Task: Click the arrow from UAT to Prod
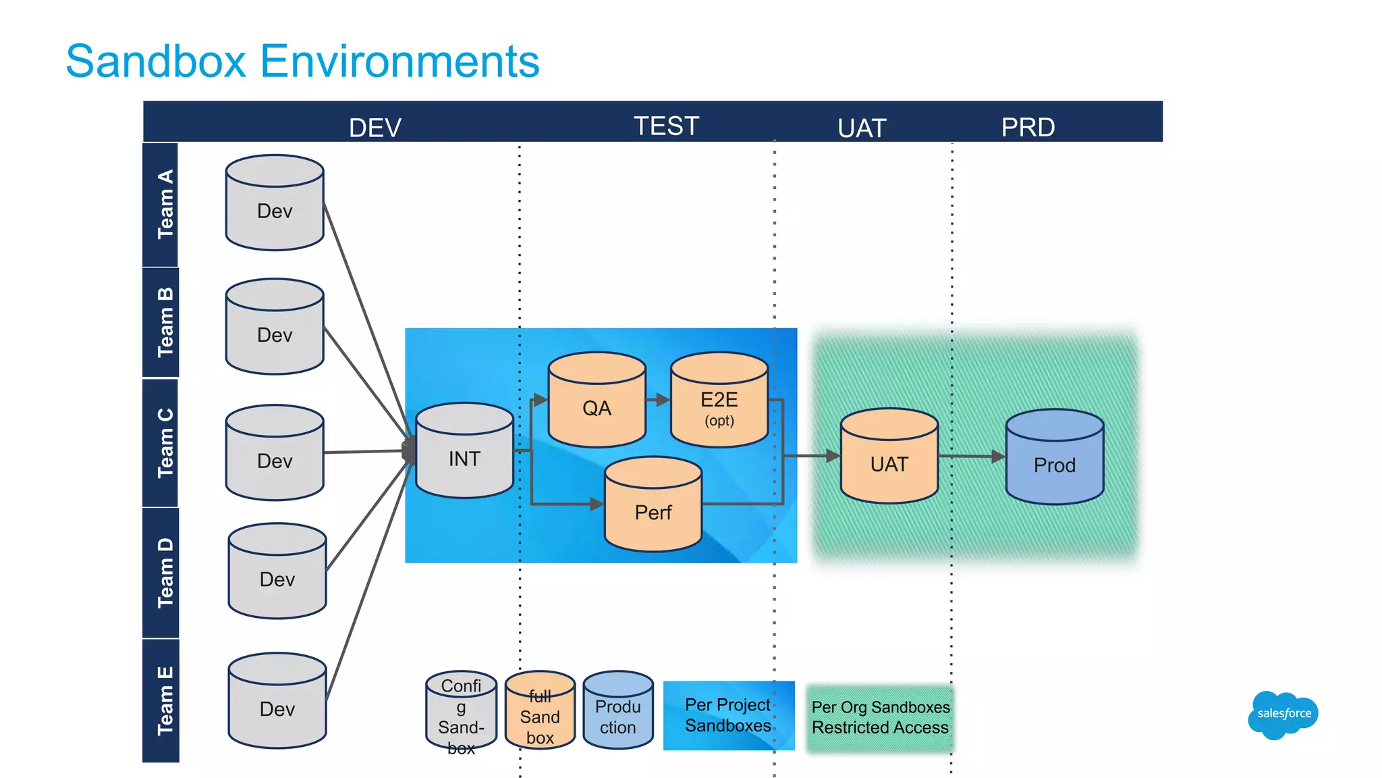point(972,457)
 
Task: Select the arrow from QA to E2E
point(658,400)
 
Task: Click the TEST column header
point(666,126)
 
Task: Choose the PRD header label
point(1027,127)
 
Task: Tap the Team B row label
point(164,322)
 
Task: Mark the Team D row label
point(164,573)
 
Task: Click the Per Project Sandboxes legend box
point(728,715)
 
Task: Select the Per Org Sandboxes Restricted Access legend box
point(880,717)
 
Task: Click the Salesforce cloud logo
point(1283,715)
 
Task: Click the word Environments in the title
point(399,61)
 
